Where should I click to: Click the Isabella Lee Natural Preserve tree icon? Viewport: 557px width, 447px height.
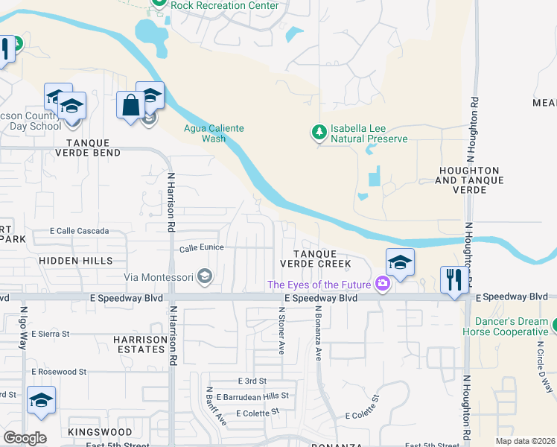click(x=319, y=132)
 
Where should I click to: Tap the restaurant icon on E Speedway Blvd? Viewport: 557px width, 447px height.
click(x=452, y=280)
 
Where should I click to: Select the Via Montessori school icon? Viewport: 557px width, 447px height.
click(x=206, y=278)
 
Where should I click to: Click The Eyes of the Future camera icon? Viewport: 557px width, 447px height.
click(x=383, y=284)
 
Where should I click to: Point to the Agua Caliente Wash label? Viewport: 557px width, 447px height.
click(x=214, y=133)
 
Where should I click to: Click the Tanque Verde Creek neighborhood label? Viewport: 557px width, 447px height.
click(x=315, y=259)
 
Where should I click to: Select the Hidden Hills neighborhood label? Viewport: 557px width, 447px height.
click(x=76, y=261)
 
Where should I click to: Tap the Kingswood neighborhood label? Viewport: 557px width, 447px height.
click(x=94, y=432)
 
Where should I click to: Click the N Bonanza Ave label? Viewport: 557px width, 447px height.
click(x=317, y=333)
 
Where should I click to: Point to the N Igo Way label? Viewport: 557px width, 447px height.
click(x=23, y=328)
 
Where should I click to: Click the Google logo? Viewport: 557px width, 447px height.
click(x=25, y=438)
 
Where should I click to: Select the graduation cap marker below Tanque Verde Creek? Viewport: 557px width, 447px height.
click(x=400, y=262)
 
